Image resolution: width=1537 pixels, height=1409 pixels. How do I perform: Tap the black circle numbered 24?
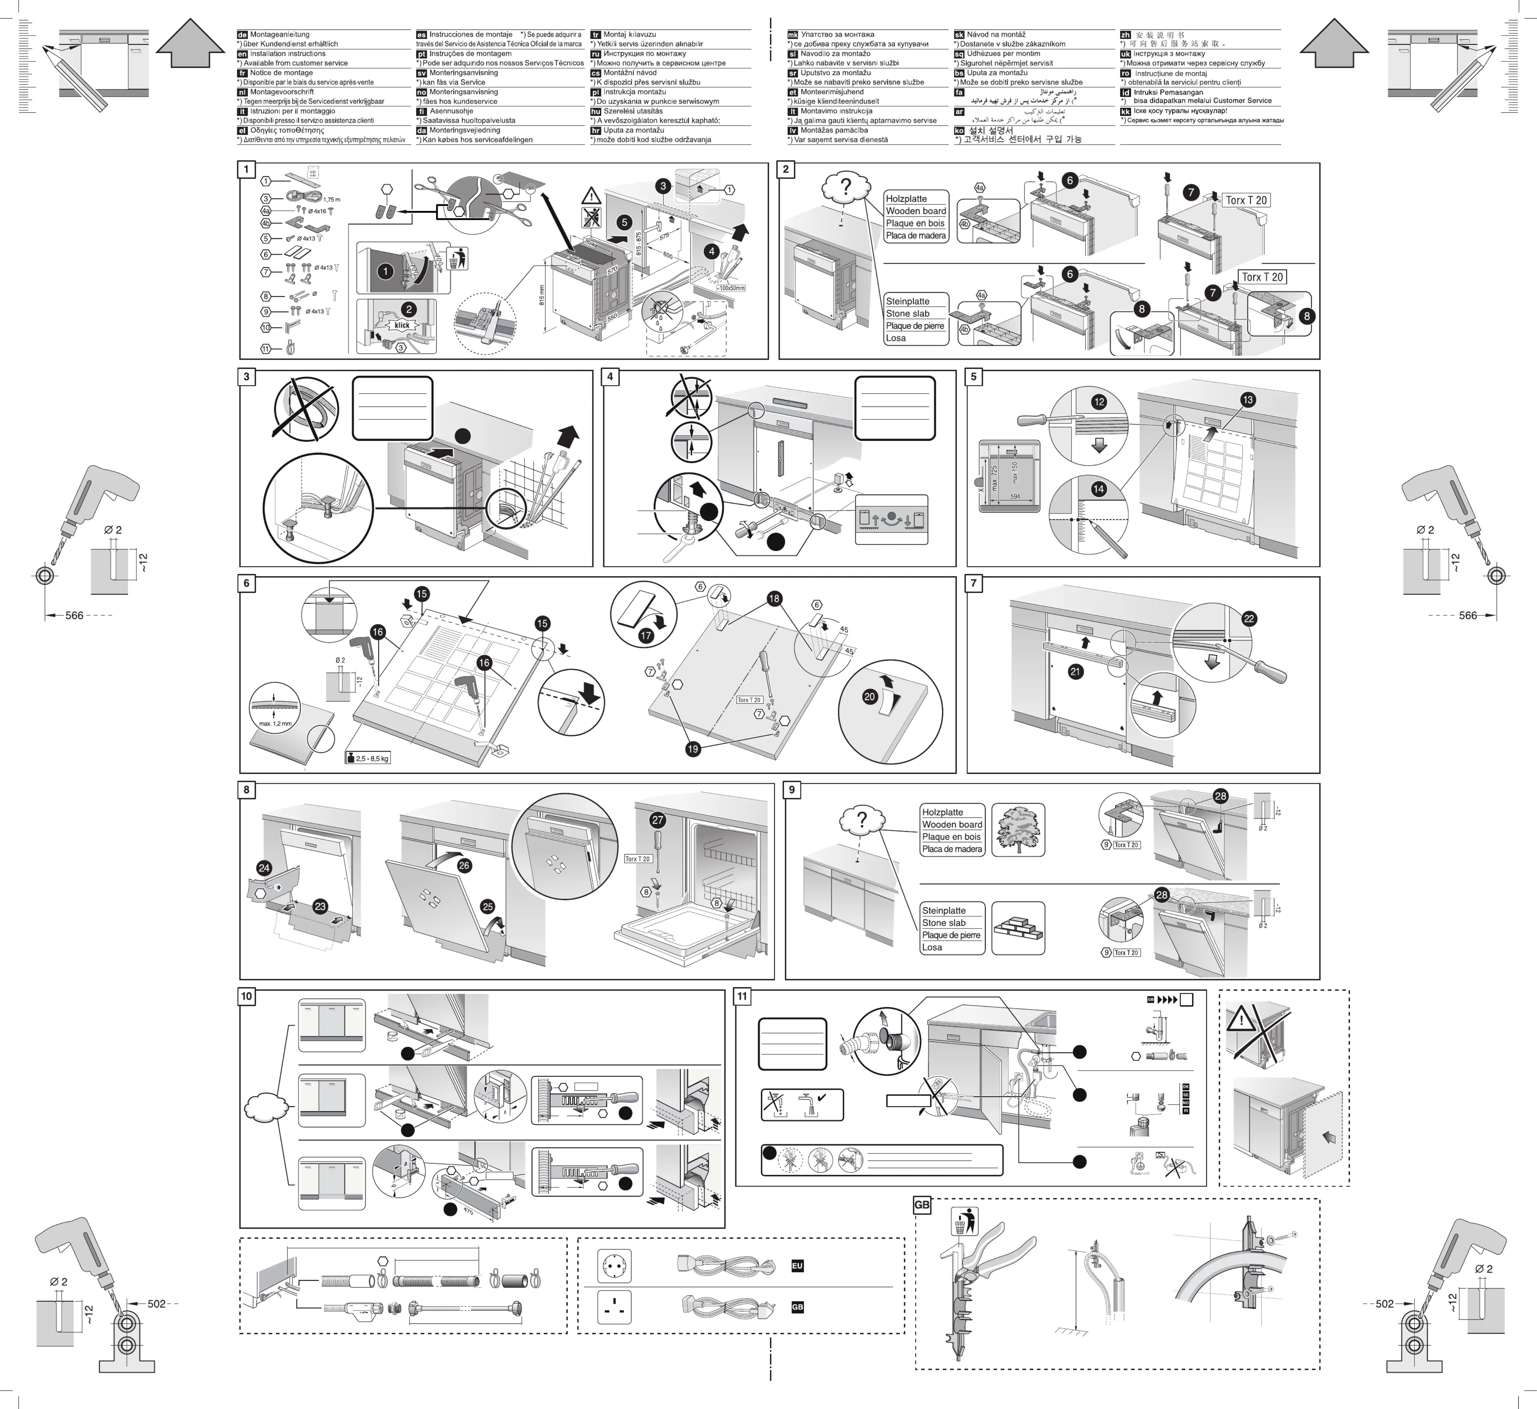pyautogui.click(x=264, y=868)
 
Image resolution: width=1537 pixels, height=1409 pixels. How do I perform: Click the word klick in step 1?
pyautogui.click(x=402, y=325)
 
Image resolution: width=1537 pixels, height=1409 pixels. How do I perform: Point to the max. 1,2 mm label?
pyautogui.click(x=275, y=724)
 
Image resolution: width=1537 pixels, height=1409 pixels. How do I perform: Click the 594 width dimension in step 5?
pyautogui.click(x=1015, y=496)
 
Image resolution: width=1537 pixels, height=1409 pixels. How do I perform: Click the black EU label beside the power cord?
pyautogui.click(x=797, y=1266)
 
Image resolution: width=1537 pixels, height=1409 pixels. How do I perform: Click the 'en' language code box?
pyautogui.click(x=243, y=54)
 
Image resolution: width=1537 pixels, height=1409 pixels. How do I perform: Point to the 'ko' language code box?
pyautogui.click(x=959, y=130)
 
